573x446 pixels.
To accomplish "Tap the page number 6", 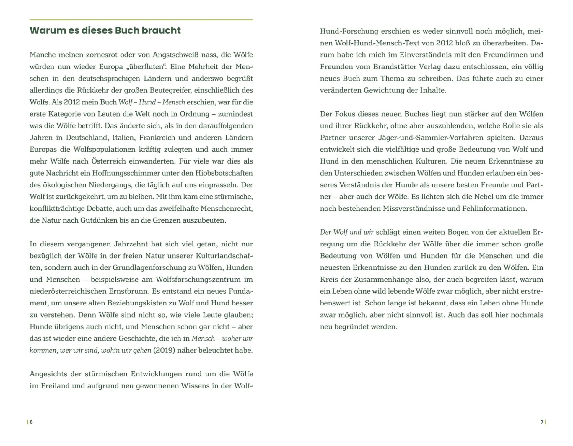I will [31, 422].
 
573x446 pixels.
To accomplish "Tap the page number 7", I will [542, 422].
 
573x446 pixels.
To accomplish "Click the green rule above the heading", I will [141, 20].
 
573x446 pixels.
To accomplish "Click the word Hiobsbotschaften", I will [224, 173].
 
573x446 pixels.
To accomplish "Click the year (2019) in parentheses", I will [164, 350].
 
